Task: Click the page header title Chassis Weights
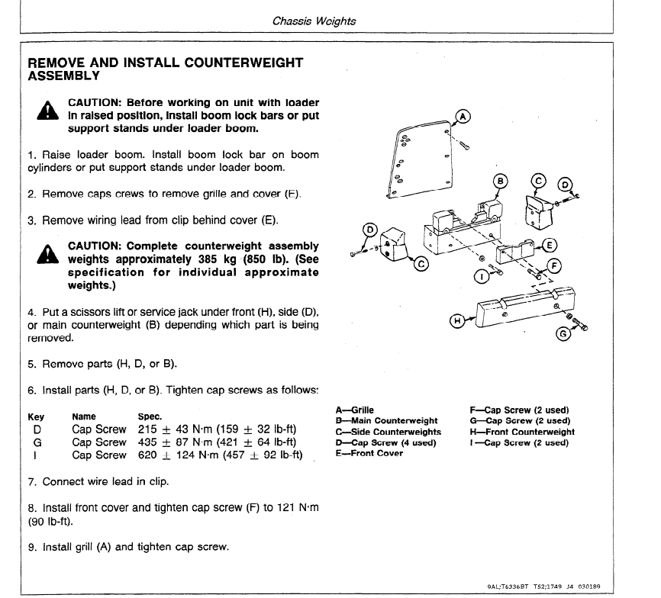314,21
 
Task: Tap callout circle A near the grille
463,117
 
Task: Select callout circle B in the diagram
500,182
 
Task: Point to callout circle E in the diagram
548,245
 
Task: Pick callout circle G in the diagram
564,334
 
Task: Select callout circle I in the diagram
481,276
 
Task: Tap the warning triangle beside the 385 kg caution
47,254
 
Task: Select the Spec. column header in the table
150,416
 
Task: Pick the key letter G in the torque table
37,442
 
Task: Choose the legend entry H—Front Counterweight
522,432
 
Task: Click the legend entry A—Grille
355,410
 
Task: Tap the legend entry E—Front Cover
369,453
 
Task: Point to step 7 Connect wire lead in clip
98,482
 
